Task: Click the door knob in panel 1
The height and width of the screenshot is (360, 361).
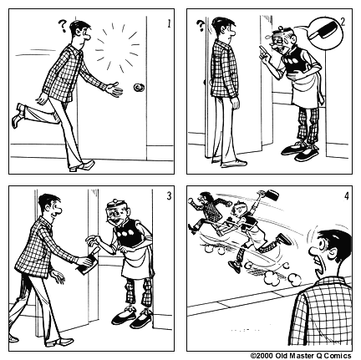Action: pos(138,87)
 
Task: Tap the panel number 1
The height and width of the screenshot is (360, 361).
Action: pos(169,23)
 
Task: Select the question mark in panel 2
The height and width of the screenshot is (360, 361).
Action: pos(201,27)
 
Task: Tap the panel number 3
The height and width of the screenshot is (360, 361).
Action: pos(169,196)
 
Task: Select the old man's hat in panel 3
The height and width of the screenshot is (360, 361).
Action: pos(119,202)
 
